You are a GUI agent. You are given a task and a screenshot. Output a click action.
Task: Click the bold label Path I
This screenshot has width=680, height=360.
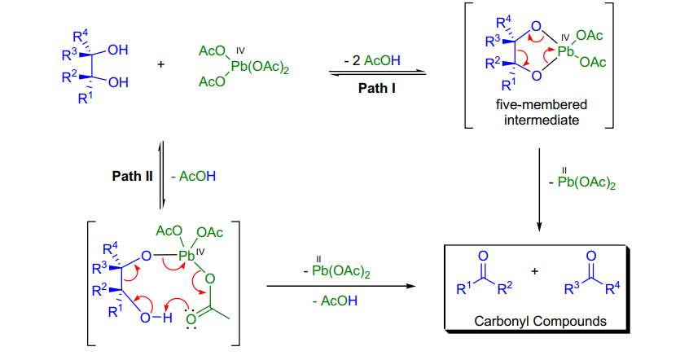pos(376,88)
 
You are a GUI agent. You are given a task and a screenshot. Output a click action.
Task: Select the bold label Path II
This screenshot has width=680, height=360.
pos(132,176)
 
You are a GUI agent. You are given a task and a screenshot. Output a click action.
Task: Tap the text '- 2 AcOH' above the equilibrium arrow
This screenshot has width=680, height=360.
pos(372,60)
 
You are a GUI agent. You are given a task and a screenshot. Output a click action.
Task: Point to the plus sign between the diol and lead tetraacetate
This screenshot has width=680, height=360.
pos(161,64)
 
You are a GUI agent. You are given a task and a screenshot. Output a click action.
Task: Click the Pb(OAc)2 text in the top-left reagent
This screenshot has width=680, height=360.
pos(260,68)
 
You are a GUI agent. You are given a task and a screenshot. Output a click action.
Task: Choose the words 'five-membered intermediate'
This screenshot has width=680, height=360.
pos(542,112)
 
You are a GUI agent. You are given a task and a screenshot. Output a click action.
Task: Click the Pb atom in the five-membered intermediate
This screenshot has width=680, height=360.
pos(565,51)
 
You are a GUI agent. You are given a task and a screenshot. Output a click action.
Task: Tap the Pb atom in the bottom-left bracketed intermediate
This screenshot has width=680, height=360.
pos(187,256)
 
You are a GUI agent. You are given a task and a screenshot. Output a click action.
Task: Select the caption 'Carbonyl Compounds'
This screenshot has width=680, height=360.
pos(540,321)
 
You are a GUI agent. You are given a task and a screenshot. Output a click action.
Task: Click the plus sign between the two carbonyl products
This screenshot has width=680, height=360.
pos(535,271)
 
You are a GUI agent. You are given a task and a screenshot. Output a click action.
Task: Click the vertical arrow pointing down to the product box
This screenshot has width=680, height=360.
pos(539,190)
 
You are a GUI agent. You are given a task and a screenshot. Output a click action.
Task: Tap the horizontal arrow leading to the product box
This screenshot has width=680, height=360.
pos(341,286)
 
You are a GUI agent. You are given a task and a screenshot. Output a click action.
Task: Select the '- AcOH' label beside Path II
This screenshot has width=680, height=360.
pos(194,176)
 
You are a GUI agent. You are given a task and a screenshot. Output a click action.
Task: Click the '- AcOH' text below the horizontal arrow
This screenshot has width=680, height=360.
pos(335,301)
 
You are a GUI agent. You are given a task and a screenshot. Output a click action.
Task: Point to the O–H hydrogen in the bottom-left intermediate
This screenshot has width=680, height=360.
pos(168,318)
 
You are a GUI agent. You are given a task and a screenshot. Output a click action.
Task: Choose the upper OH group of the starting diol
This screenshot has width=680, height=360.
pos(118,50)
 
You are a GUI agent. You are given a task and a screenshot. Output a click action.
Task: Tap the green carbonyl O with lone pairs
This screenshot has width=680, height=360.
pos(191,319)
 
